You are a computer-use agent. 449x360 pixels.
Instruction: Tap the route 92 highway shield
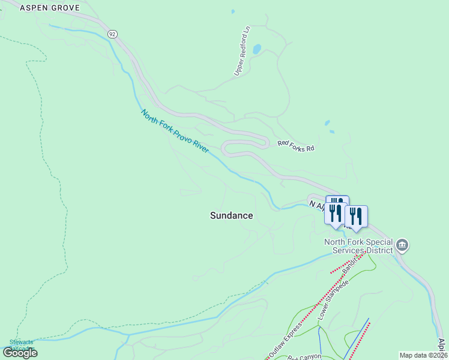click(x=112, y=34)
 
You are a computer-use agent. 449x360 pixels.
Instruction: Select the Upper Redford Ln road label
click(x=242, y=51)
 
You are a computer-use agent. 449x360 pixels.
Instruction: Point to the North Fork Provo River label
click(x=175, y=131)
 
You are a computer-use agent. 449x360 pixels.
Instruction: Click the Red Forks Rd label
click(x=296, y=145)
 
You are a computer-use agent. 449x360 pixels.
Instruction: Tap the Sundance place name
click(x=231, y=215)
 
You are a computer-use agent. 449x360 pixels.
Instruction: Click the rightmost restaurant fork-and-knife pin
click(x=357, y=215)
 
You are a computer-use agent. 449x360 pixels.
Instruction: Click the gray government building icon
click(x=402, y=245)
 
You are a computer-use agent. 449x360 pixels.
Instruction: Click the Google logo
click(x=20, y=353)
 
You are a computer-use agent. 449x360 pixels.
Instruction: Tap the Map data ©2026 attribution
click(x=424, y=355)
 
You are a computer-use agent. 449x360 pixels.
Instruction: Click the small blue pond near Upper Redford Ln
click(x=257, y=49)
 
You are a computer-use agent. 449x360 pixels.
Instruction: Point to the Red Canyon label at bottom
click(x=305, y=357)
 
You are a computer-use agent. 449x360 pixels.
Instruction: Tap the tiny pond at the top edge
click(x=232, y=11)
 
